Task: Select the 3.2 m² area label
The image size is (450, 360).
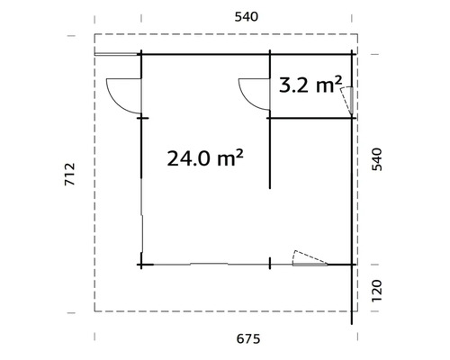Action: [x=310, y=86]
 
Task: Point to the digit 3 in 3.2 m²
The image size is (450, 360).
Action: [x=286, y=87]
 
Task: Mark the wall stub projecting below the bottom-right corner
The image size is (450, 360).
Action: [x=352, y=292]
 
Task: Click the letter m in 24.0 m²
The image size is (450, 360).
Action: [x=229, y=161]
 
